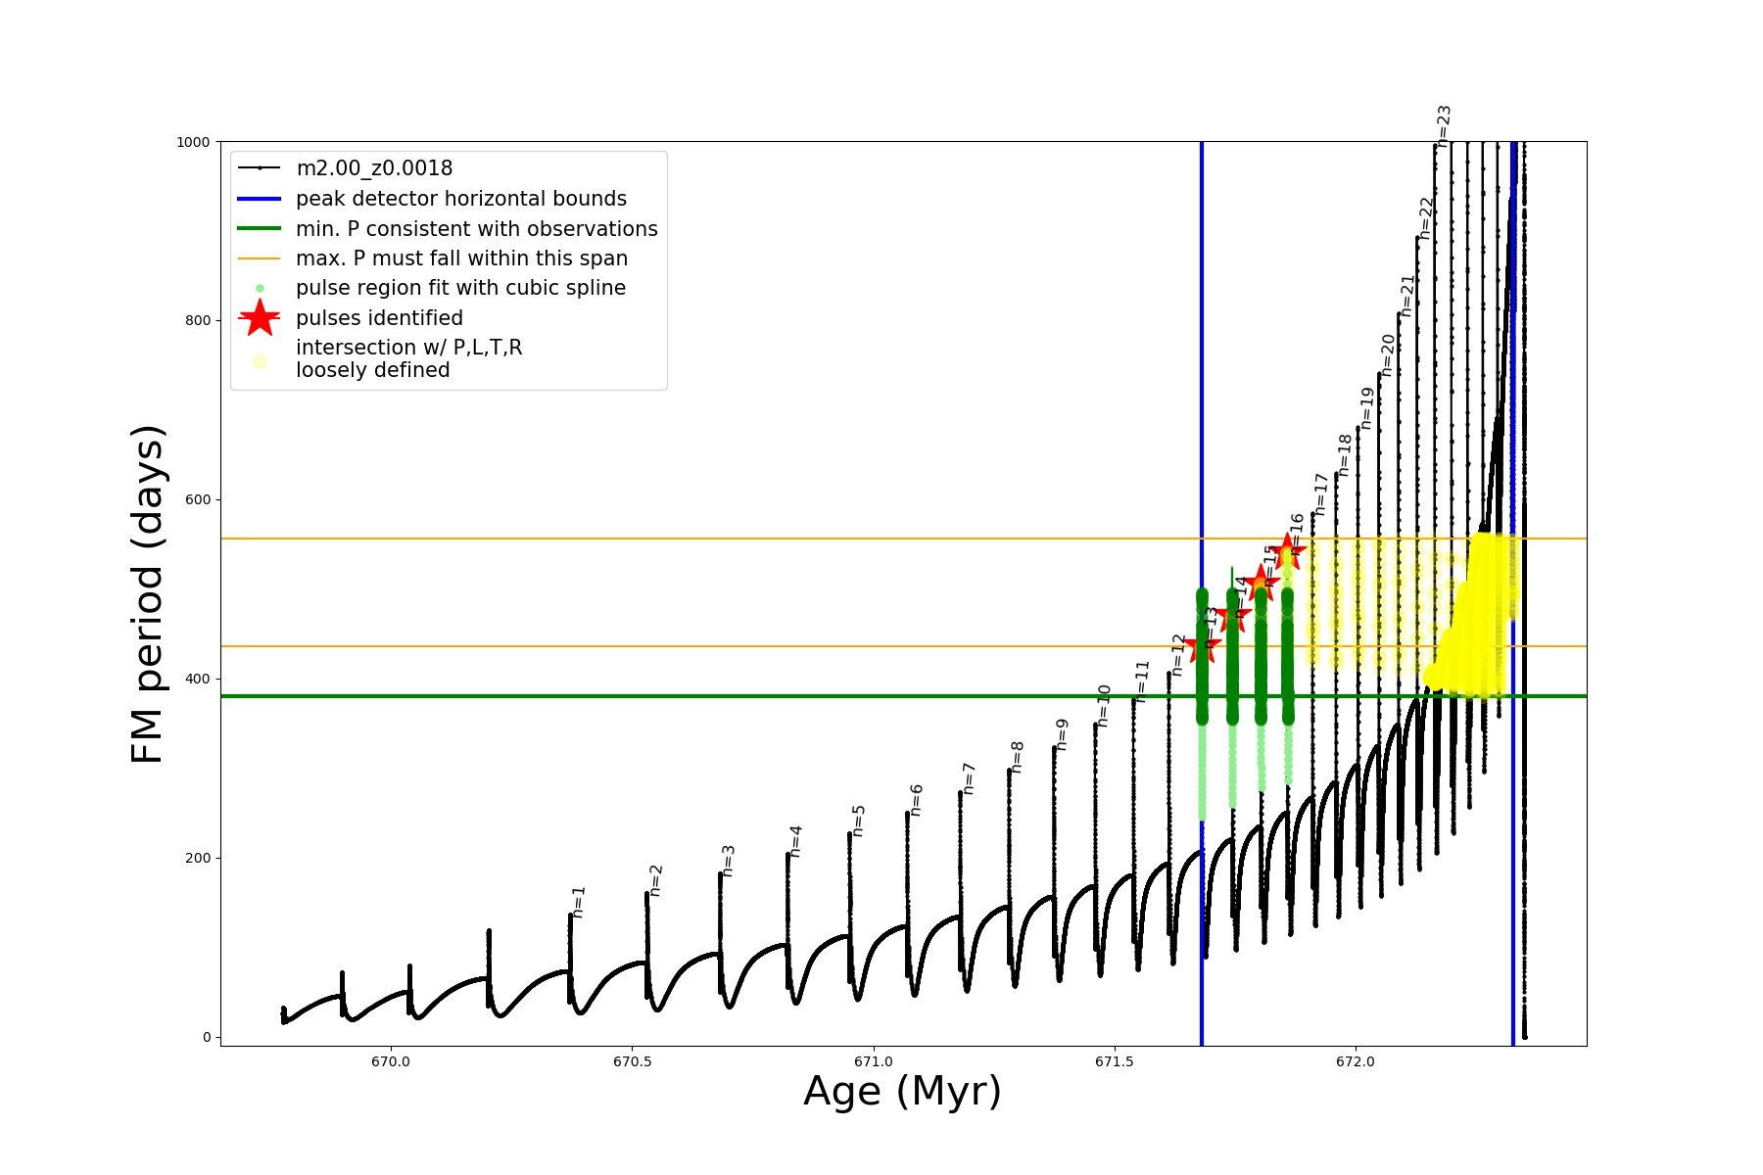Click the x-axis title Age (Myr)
902,1092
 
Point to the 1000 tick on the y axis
193,142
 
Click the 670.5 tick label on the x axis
632,1061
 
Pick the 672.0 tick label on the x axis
1356,1061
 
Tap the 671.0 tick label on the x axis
873,1061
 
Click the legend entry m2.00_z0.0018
374,168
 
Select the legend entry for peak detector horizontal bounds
460,199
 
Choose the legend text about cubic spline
460,288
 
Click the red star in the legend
260,318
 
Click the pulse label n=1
579,902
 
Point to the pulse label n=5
858,821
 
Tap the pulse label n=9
1062,734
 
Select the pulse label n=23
1444,125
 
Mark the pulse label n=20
1387,354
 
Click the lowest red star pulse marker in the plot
1203,646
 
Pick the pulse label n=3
728,860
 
